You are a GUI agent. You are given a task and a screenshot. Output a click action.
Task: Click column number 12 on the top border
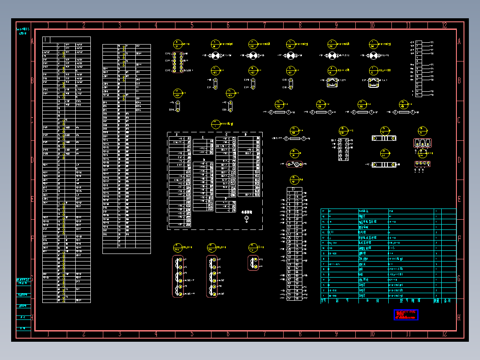coord(444,25)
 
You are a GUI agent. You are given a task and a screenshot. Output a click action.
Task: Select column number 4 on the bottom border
coord(156,334)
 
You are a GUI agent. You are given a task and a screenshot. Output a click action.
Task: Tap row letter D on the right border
coord(459,160)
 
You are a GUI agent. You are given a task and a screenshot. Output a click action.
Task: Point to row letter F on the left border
coord(32,239)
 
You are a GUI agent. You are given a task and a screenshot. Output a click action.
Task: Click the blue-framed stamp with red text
coord(406,315)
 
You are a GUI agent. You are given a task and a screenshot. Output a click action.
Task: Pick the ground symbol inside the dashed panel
coord(247,218)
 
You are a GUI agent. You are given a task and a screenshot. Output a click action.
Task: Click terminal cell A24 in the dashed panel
coord(188,225)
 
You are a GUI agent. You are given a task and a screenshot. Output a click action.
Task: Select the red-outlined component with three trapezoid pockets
coord(422,143)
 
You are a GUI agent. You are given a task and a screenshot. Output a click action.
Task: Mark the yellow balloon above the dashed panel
coord(216,124)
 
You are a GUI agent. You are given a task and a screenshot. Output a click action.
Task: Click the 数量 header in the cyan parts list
coord(437,301)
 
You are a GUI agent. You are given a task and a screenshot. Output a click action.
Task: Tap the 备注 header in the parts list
coord(447,301)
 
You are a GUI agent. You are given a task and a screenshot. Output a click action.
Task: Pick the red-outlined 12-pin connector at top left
coord(178,62)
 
